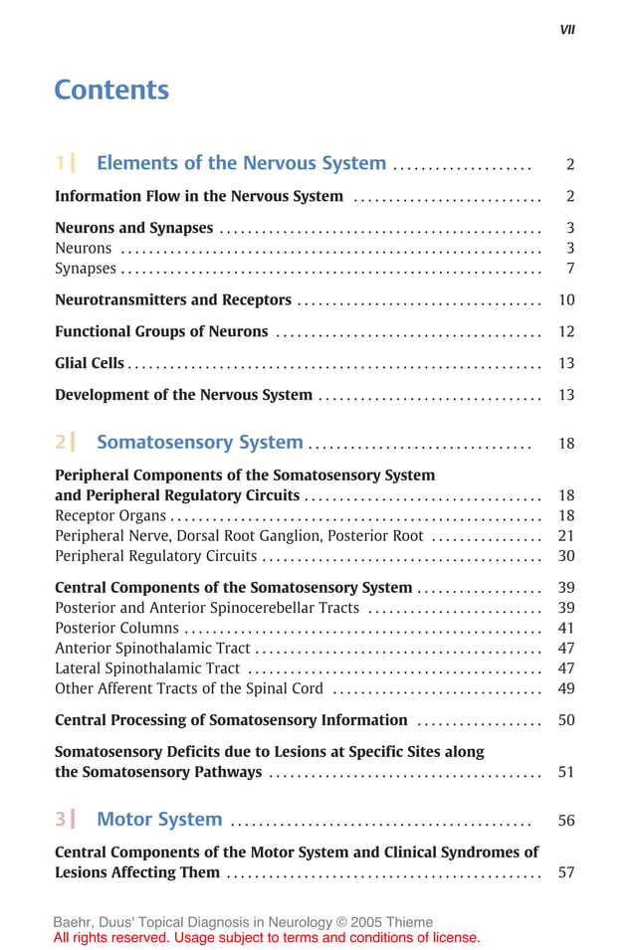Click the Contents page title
(111, 91)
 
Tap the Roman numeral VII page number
(567, 30)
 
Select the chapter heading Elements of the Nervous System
(241, 163)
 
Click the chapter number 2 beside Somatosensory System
(61, 443)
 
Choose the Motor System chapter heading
(159, 820)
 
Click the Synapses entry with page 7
(86, 269)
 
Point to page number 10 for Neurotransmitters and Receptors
(566, 300)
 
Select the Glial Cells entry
(90, 363)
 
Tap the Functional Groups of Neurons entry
(161, 331)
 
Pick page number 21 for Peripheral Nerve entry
(566, 536)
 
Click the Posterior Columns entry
(116, 628)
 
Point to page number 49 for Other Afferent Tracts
(566, 688)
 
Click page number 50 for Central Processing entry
(566, 720)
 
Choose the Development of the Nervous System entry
(183, 395)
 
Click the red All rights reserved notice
(267, 937)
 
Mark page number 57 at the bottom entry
(566, 872)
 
